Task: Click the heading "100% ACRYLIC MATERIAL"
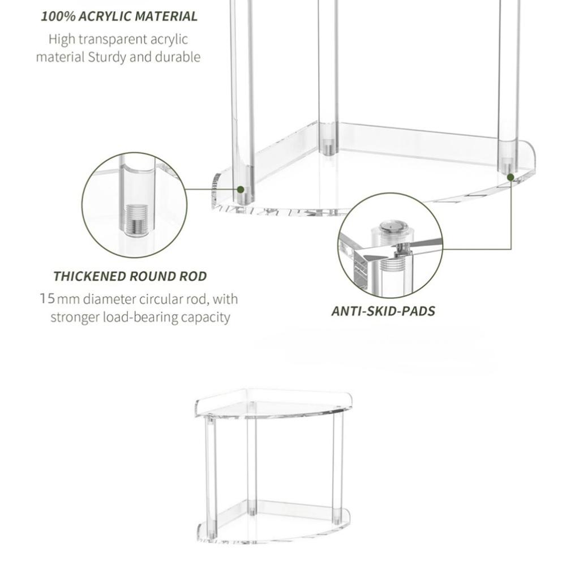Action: coord(119,16)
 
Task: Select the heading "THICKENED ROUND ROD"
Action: coord(130,276)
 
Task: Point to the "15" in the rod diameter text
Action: coord(48,299)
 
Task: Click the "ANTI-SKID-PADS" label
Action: coord(383,311)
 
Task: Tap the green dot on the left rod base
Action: coord(241,189)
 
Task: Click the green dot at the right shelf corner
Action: coord(511,177)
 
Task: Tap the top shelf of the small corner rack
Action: coord(273,404)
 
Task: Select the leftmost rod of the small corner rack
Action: coord(211,477)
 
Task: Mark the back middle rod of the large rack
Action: coord(328,76)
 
